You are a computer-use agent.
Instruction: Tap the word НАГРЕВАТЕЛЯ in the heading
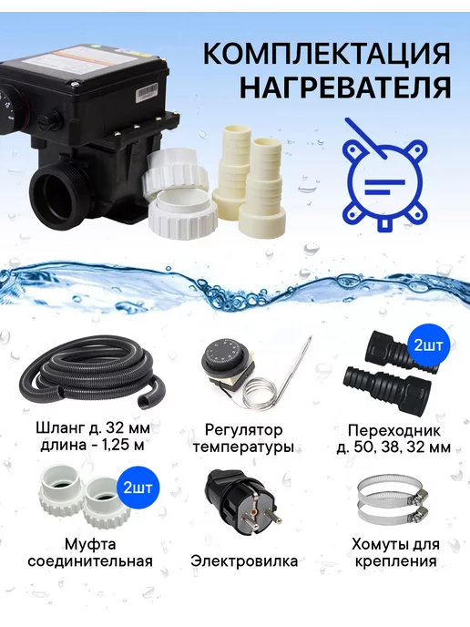345,87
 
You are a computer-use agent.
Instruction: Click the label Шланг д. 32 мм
93,428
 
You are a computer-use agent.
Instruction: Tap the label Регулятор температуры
243,438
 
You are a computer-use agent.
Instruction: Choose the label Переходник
393,431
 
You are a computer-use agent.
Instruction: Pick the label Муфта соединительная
90,552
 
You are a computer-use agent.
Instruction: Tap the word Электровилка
244,560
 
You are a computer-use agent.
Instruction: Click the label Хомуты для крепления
395,552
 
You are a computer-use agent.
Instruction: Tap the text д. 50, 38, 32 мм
393,447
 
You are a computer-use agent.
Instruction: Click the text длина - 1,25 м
92,445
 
